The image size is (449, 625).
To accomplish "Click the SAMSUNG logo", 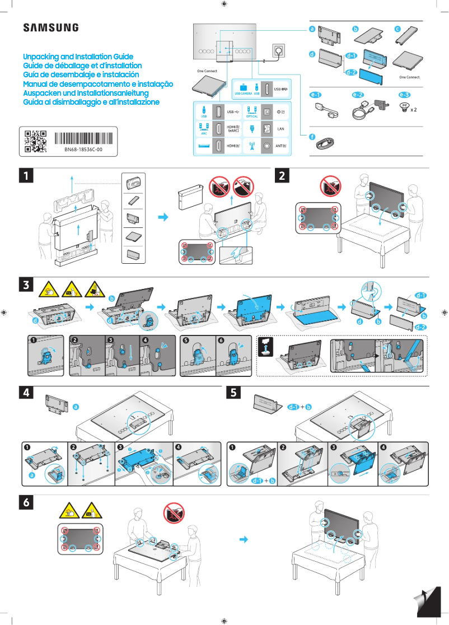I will pos(50,28).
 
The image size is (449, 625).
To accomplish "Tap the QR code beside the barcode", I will pos(35,142).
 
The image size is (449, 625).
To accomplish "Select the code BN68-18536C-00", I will pos(83,151).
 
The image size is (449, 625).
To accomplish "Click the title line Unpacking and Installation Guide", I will pos(78,57).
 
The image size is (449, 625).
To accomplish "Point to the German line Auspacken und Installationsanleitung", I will pos(85,93).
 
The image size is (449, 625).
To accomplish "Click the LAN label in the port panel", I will pos(282,129).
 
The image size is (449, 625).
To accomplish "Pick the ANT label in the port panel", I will pos(282,146).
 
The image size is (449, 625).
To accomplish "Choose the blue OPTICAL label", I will pos(252,116).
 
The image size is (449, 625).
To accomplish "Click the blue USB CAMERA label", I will pos(244,94).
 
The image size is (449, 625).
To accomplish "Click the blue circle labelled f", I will pos(312,137).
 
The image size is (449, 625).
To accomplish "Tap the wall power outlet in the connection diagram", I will pos(278,51).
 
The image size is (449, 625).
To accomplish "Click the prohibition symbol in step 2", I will pos(331,185).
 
